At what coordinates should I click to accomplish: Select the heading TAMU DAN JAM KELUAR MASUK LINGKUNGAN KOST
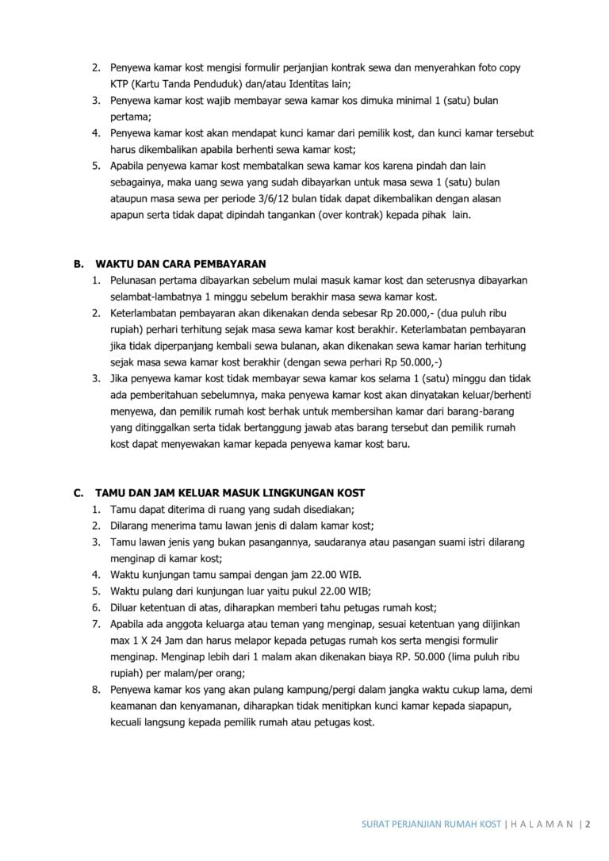tap(230, 493)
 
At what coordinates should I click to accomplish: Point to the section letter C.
tap(78, 493)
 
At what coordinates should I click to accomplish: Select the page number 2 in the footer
tap(589, 825)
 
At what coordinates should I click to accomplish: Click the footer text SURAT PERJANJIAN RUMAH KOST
tap(426, 825)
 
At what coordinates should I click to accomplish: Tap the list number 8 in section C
tap(95, 690)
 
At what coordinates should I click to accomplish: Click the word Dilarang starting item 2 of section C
tap(132, 526)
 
